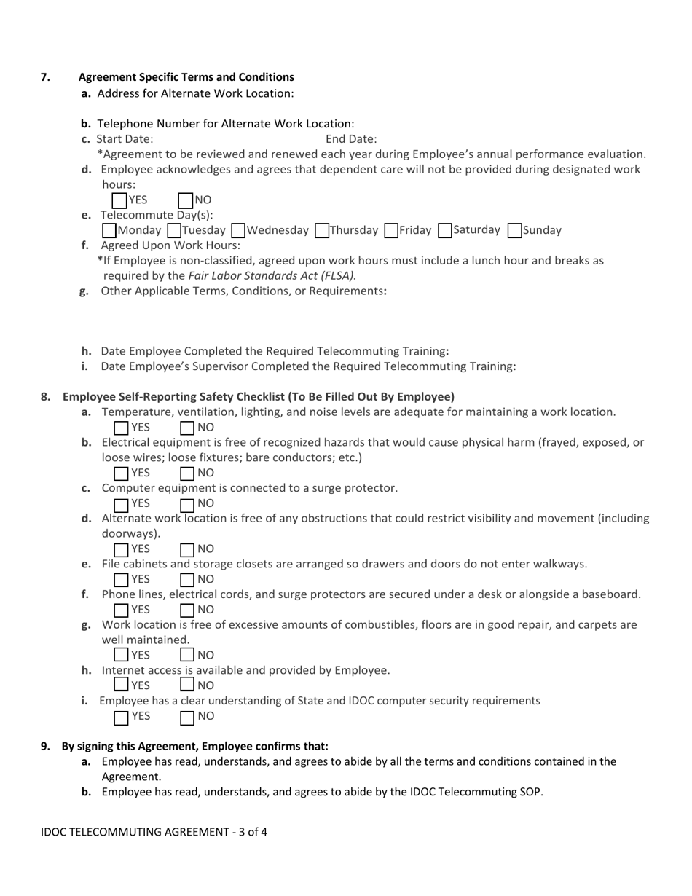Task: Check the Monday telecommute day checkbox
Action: tap(109, 231)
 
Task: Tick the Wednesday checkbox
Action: tap(238, 231)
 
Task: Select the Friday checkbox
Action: tap(391, 231)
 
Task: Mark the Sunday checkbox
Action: tap(514, 231)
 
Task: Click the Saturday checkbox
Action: tap(445, 231)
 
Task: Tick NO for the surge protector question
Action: tap(187, 504)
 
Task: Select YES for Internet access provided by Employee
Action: tap(122, 685)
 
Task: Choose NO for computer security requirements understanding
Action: tap(187, 717)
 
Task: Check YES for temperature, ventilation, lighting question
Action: tap(122, 428)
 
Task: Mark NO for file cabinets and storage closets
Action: tap(187, 580)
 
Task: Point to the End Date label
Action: tap(351, 139)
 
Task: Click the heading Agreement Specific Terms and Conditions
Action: tap(186, 77)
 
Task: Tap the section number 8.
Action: tap(45, 397)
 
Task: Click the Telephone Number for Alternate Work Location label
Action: tap(225, 124)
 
